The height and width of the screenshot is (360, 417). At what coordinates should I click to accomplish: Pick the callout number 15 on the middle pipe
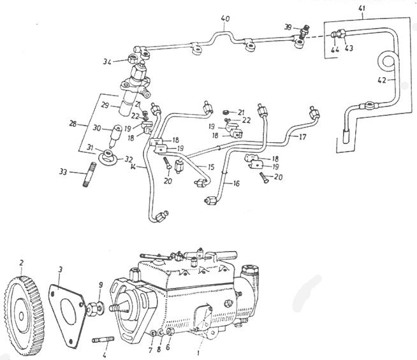pos(202,166)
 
